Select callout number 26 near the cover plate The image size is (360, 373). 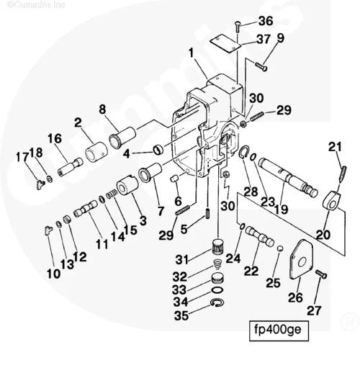[x=296, y=297]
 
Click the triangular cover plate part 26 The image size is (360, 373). [x=297, y=267]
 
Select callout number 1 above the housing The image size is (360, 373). [x=192, y=52]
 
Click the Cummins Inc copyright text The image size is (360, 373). [x=35, y=5]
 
